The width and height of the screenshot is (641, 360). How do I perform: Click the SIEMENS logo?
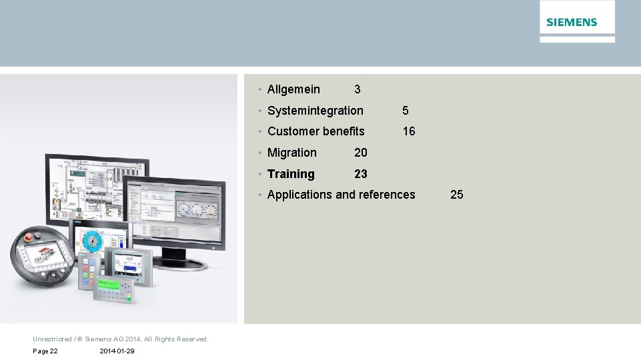point(572,22)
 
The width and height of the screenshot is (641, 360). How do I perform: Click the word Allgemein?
point(293,89)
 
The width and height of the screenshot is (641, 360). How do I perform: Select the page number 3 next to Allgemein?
point(358,89)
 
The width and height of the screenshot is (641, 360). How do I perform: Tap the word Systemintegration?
point(315,111)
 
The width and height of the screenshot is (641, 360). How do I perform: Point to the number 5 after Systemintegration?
point(405,111)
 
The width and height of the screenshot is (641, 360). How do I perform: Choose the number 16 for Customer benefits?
point(408,131)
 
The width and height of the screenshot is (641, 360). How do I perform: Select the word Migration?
point(291,153)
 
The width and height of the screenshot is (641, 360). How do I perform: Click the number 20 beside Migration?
point(360,153)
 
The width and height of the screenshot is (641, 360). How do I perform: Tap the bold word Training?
point(291,174)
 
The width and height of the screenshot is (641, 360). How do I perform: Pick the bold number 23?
point(360,174)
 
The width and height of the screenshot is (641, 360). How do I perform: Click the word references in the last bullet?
point(387,195)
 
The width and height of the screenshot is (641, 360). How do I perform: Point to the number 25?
point(456,195)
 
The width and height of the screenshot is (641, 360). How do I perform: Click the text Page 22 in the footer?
point(45,351)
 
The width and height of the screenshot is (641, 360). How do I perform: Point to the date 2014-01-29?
point(116,351)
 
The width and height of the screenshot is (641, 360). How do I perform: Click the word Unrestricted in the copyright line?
point(52,339)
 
